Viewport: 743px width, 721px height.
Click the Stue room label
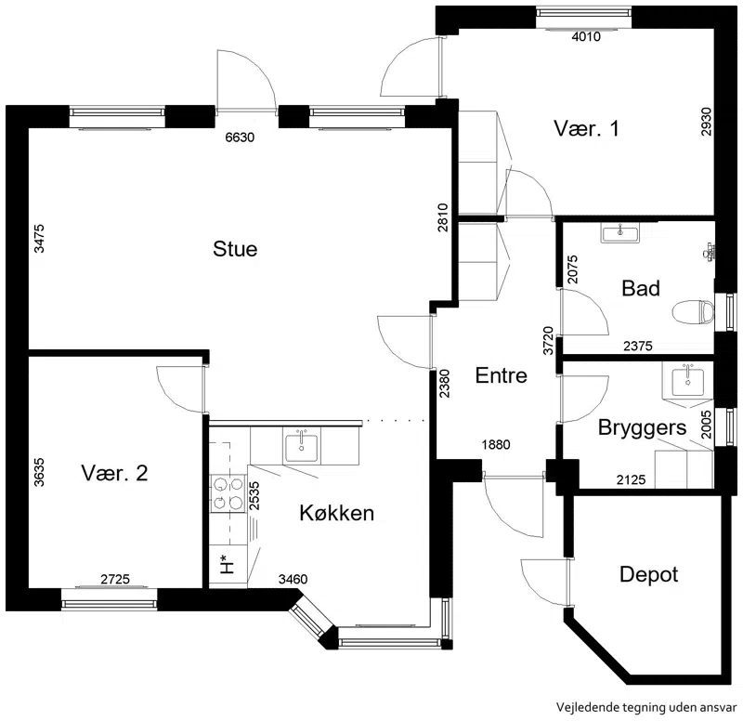(235, 249)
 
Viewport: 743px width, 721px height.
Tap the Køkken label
(337, 513)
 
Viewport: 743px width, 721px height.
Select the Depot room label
(648, 574)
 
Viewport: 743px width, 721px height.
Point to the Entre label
(501, 375)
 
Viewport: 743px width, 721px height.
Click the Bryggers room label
(642, 428)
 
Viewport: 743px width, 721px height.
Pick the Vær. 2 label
(114, 473)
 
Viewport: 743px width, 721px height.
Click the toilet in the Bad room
(693, 312)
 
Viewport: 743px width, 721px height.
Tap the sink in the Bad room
(620, 233)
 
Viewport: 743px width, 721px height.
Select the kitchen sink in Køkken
(302, 447)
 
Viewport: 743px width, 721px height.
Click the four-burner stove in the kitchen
(228, 494)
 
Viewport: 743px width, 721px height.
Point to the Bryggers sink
(688, 380)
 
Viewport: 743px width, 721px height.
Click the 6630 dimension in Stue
(240, 138)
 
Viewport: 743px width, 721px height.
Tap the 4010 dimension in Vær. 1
(586, 36)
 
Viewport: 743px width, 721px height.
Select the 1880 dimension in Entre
(496, 445)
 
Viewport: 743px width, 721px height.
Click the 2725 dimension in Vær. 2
(115, 579)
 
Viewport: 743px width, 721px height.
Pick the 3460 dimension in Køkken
(293, 579)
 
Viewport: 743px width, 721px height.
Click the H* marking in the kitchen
(228, 564)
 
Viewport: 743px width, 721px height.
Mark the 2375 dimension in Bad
(638, 346)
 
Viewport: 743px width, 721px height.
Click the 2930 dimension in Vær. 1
(706, 122)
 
